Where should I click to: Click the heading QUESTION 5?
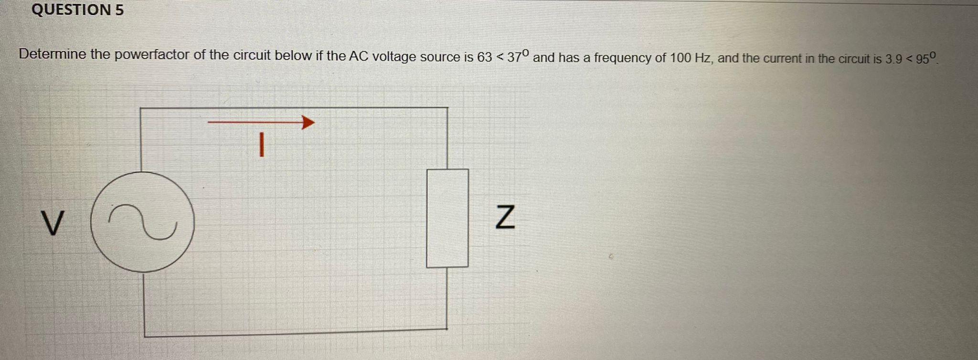pos(77,10)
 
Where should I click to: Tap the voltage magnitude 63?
pos(484,57)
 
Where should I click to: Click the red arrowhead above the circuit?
pos(308,123)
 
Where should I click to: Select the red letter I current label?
pos(261,145)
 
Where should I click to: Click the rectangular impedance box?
pos(447,218)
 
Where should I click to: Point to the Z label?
pos(505,217)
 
